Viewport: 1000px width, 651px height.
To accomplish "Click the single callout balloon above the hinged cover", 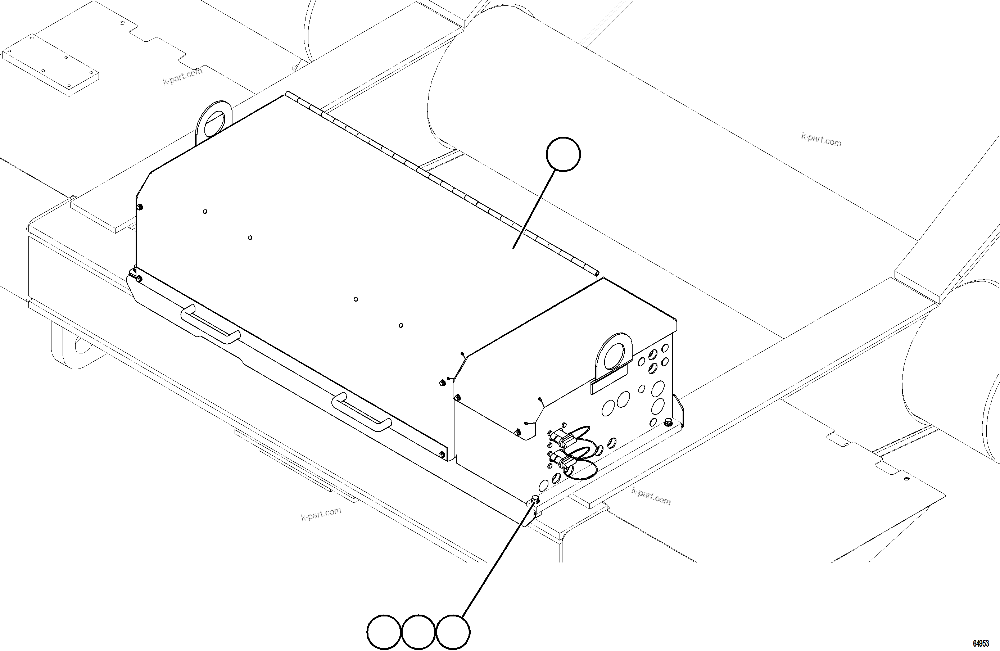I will [x=563, y=154].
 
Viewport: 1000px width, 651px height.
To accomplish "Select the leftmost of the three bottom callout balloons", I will [x=384, y=632].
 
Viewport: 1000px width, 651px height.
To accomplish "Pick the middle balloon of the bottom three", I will [x=418, y=632].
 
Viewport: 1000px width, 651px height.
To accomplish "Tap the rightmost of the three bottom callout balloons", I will [x=453, y=632].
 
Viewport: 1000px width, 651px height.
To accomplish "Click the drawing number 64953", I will [x=981, y=643].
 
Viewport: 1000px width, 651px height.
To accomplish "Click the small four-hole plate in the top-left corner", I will [x=50, y=64].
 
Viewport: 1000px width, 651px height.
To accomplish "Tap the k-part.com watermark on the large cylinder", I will [x=821, y=140].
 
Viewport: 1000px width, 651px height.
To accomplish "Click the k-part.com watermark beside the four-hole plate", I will [x=183, y=76].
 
